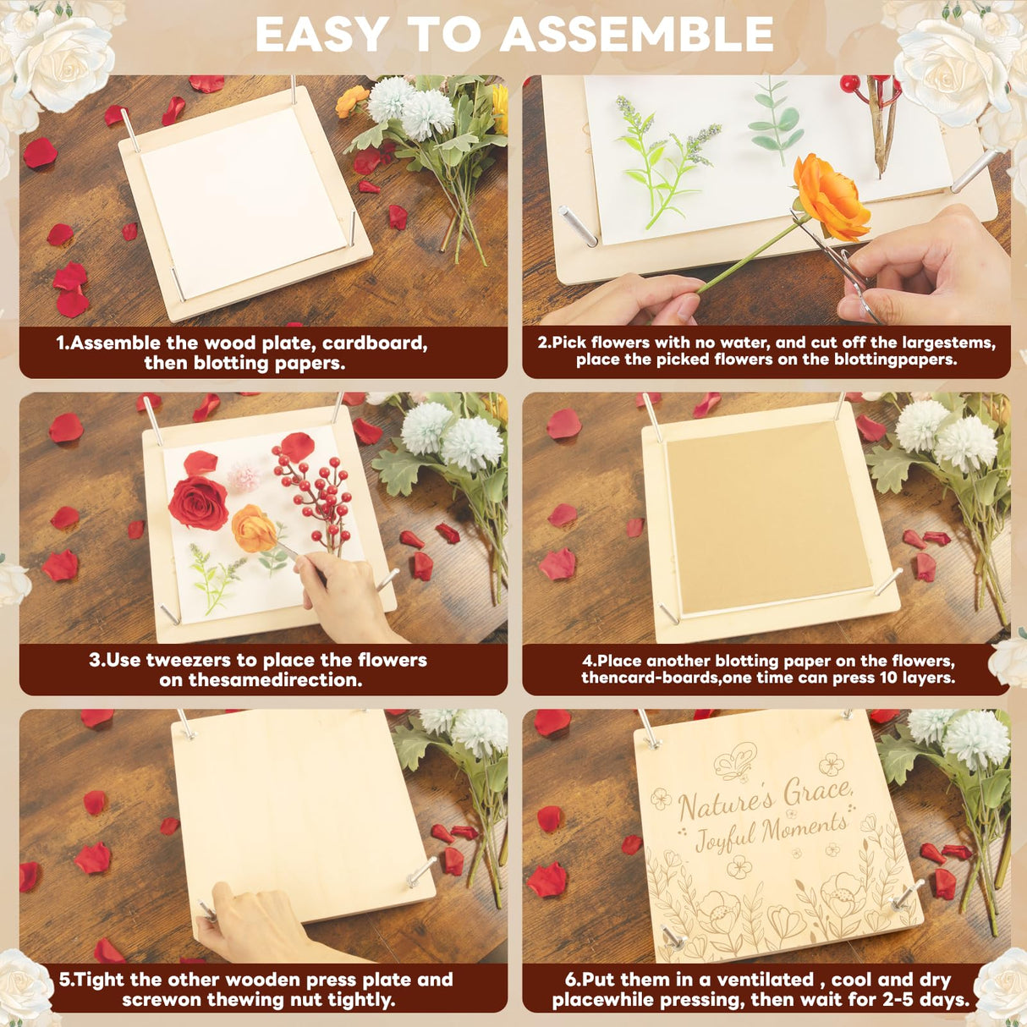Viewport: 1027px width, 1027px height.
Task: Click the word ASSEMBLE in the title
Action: coord(636,36)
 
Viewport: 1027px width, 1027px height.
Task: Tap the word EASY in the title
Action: coord(322,36)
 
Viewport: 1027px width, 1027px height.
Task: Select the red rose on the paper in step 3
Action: coord(198,503)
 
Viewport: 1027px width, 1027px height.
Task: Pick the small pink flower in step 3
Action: coord(244,477)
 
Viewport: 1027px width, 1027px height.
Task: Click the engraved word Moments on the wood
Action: coord(804,830)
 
